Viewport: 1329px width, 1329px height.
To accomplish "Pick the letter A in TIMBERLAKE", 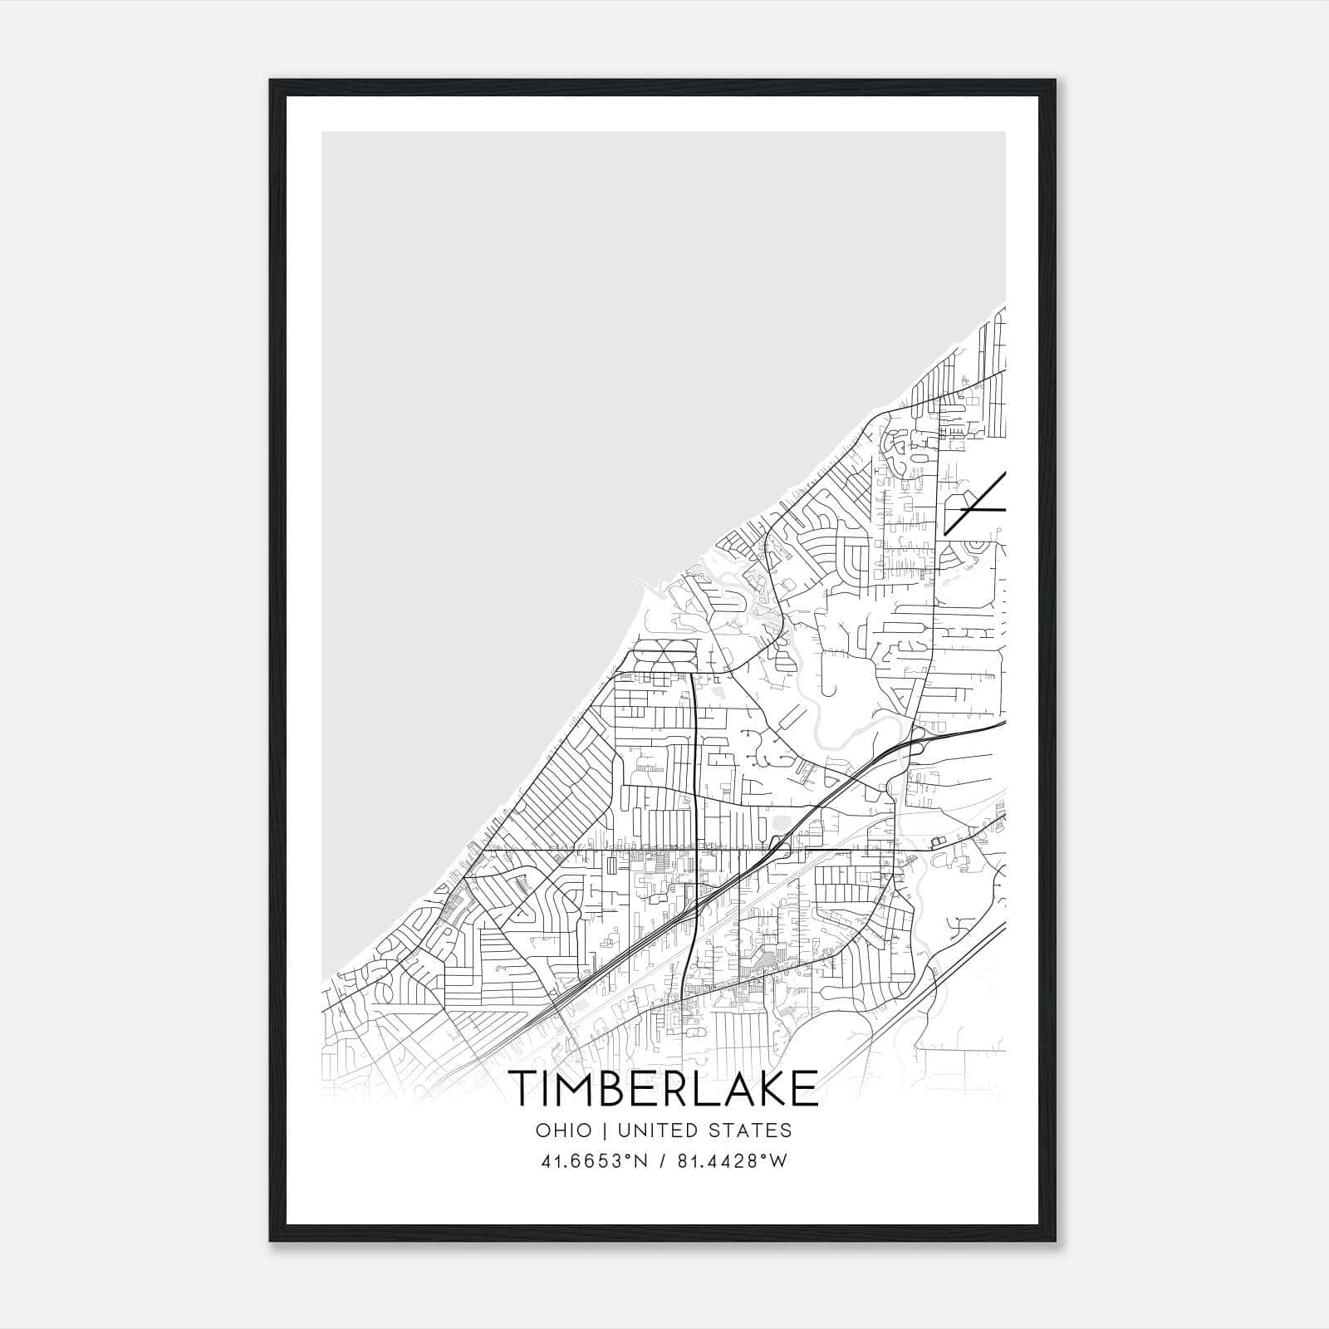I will (x=734, y=1088).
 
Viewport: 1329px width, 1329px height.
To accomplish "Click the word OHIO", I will (x=564, y=1130).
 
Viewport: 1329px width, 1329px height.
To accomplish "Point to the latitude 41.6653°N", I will (x=591, y=1161).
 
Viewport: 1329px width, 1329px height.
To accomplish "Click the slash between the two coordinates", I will (x=662, y=1161).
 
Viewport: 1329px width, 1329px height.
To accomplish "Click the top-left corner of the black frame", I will (x=271, y=81).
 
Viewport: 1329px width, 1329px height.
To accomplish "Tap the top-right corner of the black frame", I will (x=1055, y=81).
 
